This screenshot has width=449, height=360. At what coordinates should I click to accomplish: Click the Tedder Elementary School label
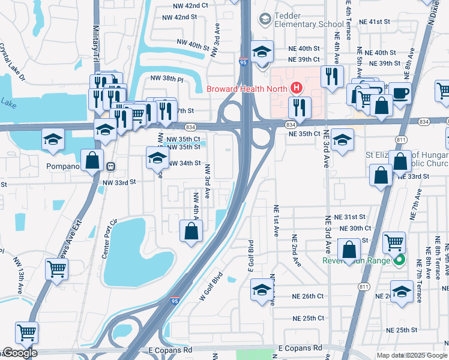pos(309,19)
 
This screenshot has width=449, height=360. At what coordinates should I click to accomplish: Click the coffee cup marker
pos(400,94)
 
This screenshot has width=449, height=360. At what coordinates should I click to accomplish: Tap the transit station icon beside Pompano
pos(110,166)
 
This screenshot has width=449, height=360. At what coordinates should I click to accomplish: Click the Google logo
pos(19,353)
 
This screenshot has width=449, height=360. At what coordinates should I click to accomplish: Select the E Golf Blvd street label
pos(251,255)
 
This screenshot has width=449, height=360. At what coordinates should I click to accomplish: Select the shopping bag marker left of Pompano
pos(92,160)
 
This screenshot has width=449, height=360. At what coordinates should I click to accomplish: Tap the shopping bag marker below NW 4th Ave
pos(191,230)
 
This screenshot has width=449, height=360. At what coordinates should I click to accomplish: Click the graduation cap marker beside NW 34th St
pos(158,158)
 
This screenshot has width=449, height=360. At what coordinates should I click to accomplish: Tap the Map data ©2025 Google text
pos(411,355)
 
